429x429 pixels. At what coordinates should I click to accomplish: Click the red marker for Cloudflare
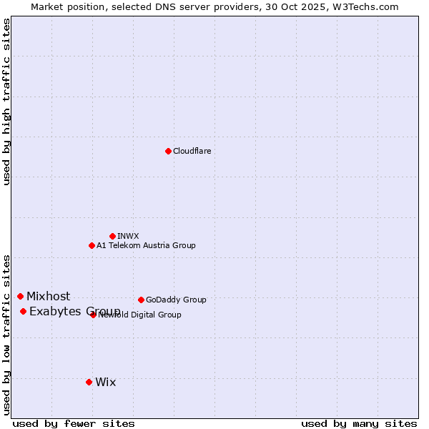(168, 151)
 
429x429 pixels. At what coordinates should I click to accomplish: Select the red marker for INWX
(112, 236)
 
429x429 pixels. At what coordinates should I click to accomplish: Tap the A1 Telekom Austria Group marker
(92, 245)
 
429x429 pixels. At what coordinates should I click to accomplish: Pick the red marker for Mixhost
(20, 296)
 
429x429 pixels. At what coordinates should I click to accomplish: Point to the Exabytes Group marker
(23, 311)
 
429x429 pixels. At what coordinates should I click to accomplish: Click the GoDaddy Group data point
(141, 300)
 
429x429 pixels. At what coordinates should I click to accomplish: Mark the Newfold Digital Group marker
(93, 315)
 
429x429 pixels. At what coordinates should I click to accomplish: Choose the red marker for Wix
(89, 382)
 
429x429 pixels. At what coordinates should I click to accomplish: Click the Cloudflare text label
(192, 151)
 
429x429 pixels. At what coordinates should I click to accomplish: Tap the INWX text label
(128, 236)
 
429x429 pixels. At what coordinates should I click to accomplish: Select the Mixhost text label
(49, 296)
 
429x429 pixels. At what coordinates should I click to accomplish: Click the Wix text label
(105, 382)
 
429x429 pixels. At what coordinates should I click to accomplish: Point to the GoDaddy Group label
(176, 300)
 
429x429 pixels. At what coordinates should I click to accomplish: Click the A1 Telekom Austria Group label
(146, 245)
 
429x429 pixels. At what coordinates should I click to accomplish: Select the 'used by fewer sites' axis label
(74, 423)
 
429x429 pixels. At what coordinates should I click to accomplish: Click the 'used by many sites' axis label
(359, 423)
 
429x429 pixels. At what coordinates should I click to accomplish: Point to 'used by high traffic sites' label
(6, 102)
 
